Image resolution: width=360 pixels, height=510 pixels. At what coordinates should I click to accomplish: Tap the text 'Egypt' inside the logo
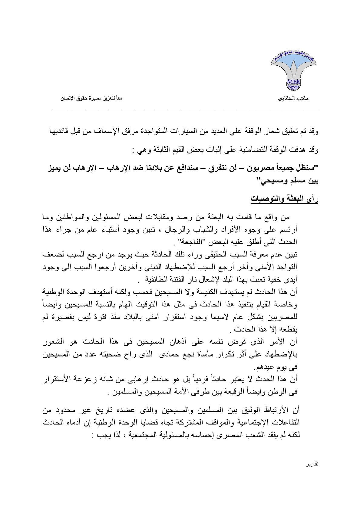[x=293, y=87]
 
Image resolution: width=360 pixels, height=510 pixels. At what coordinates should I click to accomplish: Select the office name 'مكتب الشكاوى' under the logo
[x=293, y=99]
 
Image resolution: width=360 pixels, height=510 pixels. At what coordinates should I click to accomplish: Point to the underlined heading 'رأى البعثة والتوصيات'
[x=284, y=199]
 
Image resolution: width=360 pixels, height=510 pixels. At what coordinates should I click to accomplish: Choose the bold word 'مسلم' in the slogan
[x=289, y=182]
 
